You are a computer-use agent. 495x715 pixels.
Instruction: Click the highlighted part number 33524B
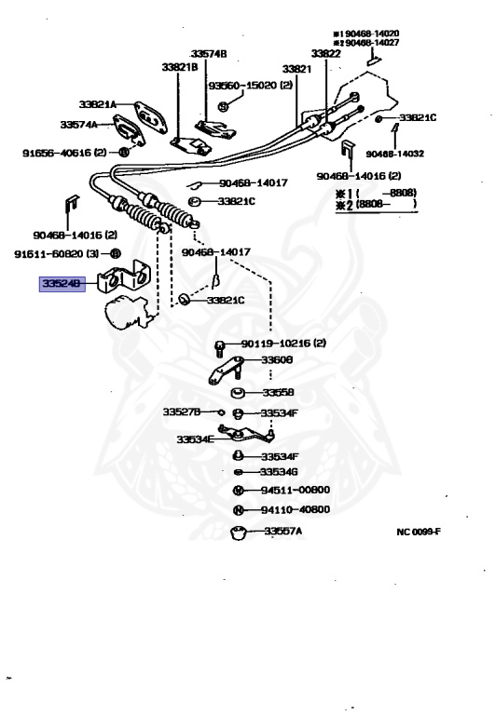(61, 283)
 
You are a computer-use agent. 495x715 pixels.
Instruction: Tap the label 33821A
(98, 105)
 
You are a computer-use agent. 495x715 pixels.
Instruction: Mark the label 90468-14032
(397, 154)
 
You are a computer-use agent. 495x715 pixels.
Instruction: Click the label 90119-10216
(280, 344)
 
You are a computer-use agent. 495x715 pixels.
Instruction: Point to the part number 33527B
(184, 411)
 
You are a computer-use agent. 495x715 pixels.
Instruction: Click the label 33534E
(197, 438)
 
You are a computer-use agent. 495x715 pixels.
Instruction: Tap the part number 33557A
(282, 533)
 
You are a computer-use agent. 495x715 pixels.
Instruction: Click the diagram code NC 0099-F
(424, 533)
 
